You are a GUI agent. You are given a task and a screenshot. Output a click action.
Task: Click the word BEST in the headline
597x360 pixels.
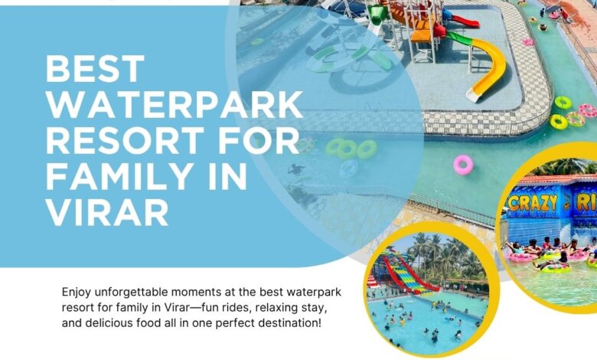[95, 69]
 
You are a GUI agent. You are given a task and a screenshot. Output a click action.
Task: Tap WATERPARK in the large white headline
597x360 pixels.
[175, 104]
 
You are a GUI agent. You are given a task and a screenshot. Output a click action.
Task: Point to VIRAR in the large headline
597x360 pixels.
[107, 212]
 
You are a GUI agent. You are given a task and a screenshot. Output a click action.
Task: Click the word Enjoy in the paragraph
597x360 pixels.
[76, 293]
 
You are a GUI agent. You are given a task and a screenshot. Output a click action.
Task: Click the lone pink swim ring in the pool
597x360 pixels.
[463, 165]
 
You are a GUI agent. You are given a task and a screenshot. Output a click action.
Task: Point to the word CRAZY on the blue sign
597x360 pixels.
[532, 202]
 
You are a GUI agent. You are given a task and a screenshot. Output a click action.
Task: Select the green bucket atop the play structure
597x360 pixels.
[377, 15]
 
